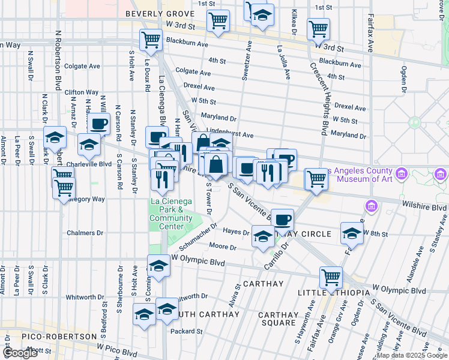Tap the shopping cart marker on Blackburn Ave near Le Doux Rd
point(151,40)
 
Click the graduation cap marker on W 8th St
point(352,233)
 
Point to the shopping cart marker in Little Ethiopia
point(331,277)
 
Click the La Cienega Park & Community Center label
point(171,209)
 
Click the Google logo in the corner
point(20,353)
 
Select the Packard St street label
point(186,331)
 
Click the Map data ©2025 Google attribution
point(412,355)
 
